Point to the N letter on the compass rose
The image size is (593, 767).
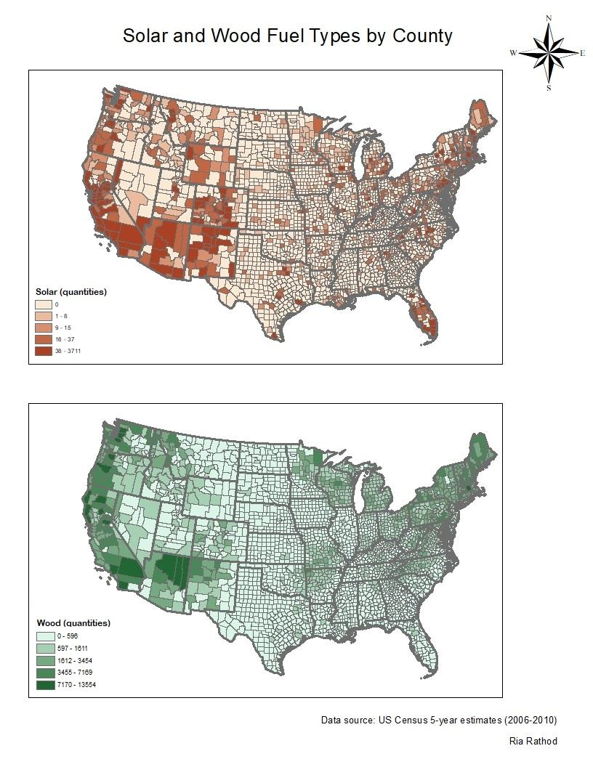pyautogui.click(x=549, y=17)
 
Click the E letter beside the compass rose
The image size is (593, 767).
pyautogui.click(x=582, y=53)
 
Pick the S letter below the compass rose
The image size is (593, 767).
pyautogui.click(x=549, y=88)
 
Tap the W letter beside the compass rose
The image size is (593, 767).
pyautogui.click(x=513, y=53)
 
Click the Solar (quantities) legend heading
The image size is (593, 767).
pyautogui.click(x=71, y=292)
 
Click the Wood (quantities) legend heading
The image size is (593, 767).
pyautogui.click(x=73, y=623)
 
